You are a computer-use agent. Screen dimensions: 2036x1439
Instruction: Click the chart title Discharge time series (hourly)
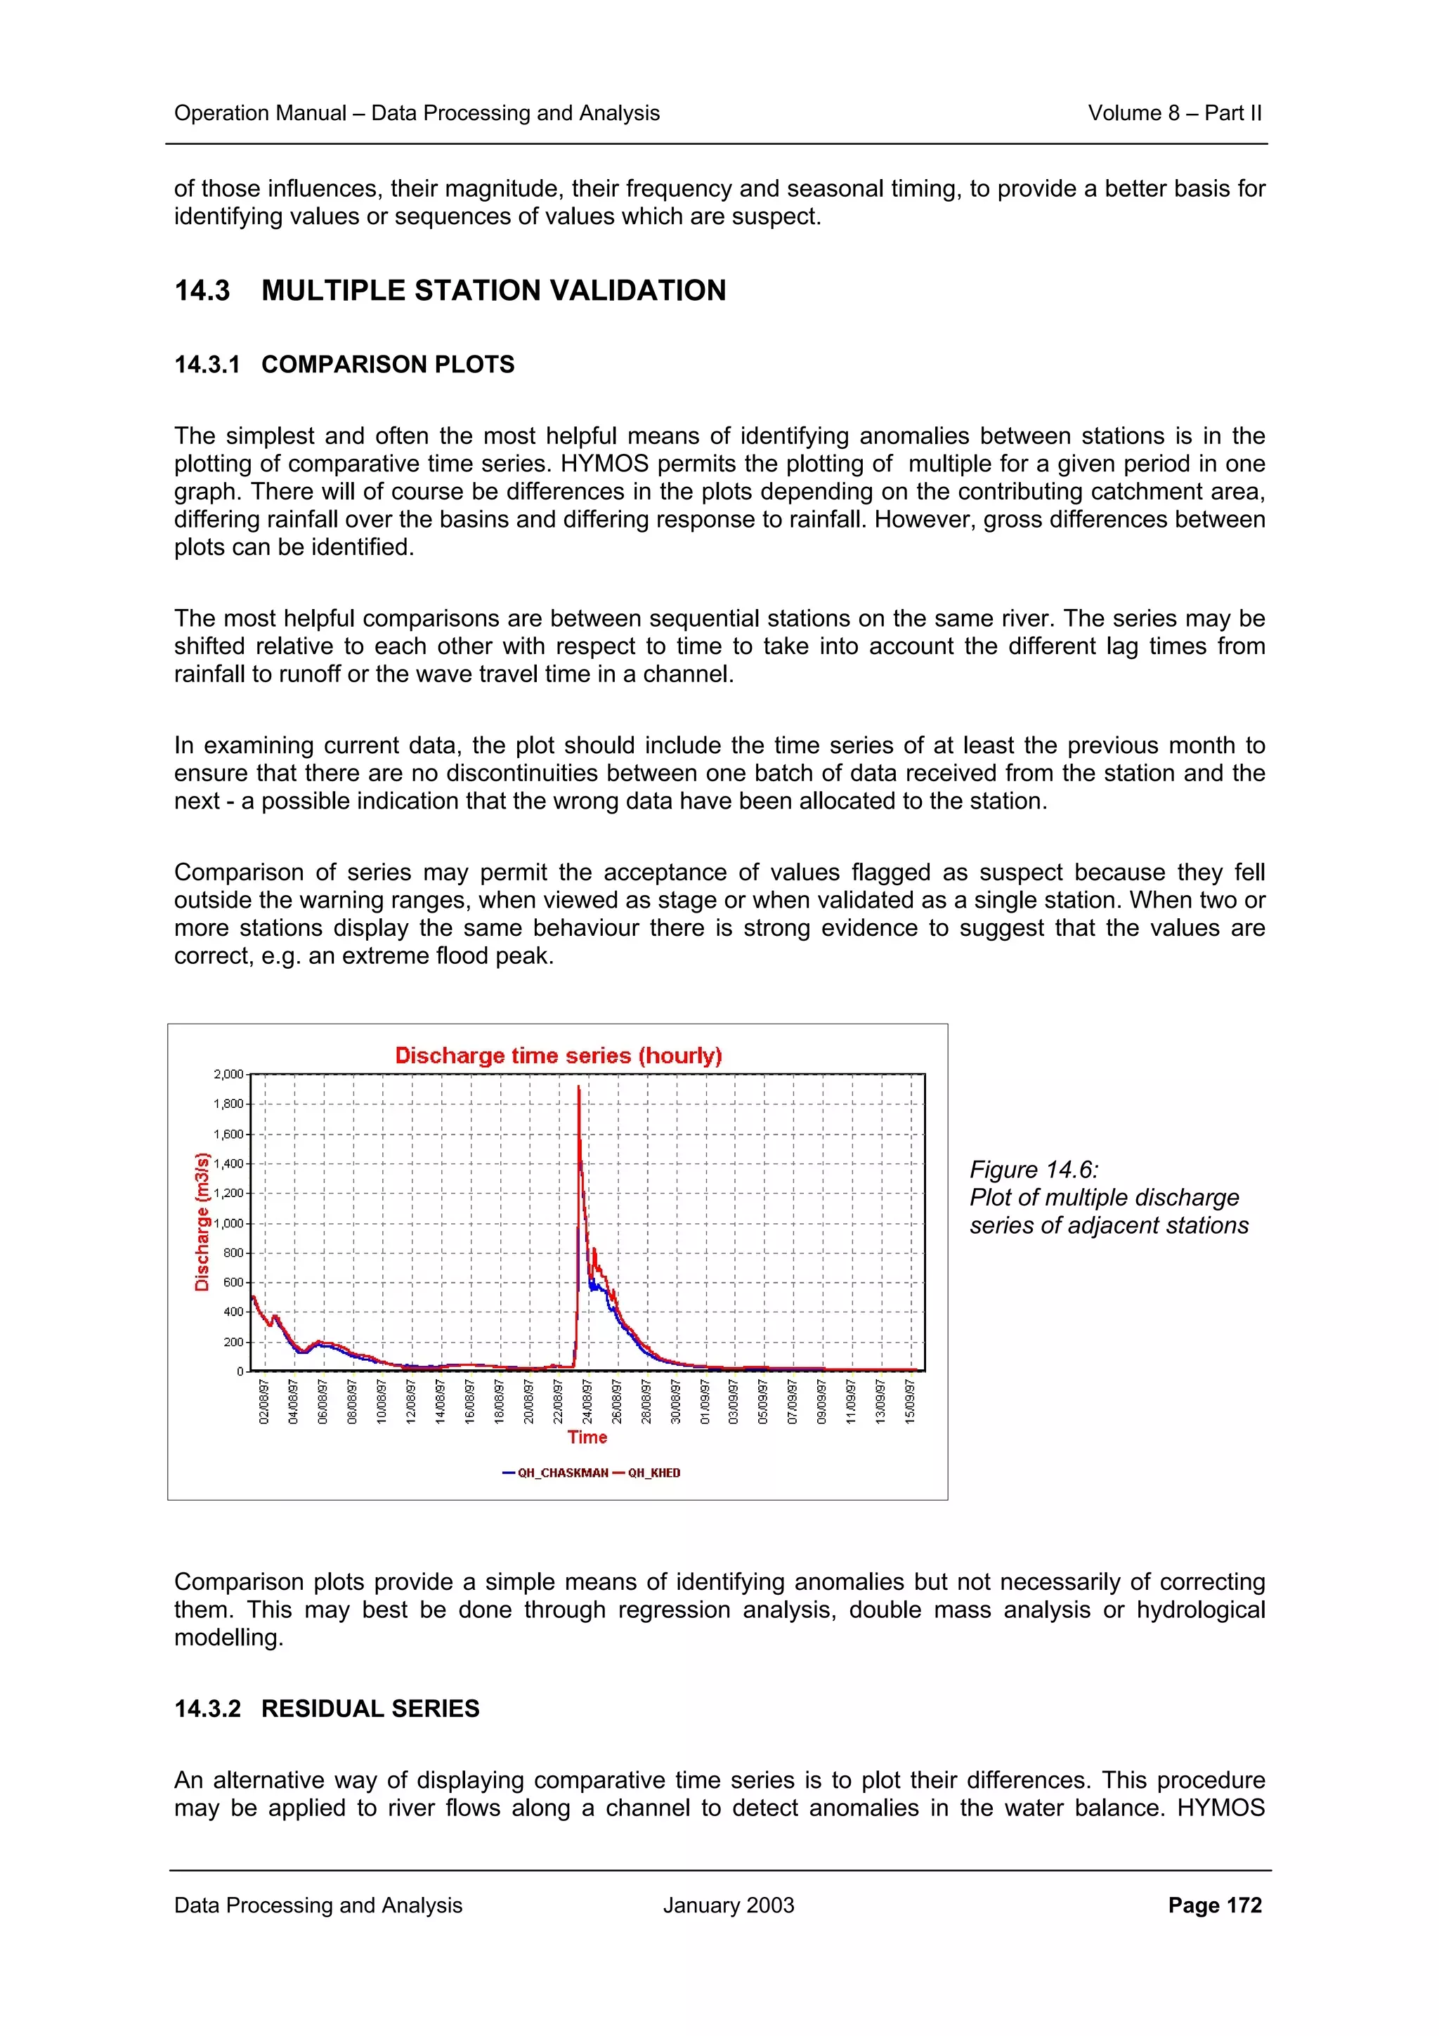click(x=558, y=1055)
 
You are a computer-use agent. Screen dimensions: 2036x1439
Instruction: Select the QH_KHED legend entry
click(x=653, y=1473)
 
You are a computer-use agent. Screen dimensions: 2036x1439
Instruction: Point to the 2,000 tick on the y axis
click(x=228, y=1074)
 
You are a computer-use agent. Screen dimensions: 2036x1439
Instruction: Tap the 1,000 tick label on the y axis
click(x=228, y=1223)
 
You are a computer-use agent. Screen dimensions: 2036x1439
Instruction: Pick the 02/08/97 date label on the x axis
click(x=263, y=1401)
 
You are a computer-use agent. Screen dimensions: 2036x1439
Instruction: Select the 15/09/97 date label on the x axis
click(x=910, y=1401)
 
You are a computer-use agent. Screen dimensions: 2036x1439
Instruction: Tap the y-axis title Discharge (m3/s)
click(x=202, y=1221)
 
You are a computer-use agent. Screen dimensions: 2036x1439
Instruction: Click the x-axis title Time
click(x=587, y=1437)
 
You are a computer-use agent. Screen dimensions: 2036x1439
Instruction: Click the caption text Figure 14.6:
click(x=1033, y=1170)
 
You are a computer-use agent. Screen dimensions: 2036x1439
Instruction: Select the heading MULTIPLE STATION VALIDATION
click(x=493, y=290)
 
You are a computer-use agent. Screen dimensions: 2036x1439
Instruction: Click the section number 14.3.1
click(x=207, y=365)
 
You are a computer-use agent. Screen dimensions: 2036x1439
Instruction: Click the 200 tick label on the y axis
click(x=233, y=1342)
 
